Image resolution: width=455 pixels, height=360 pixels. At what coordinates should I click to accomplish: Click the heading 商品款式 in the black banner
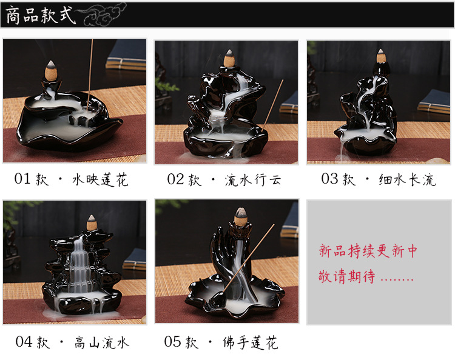click(41, 15)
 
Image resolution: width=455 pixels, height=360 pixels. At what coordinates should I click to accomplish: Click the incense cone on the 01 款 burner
click(52, 70)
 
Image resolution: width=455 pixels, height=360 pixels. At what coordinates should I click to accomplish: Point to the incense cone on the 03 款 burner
click(380, 56)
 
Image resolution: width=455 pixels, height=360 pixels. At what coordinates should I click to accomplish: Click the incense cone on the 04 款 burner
click(92, 222)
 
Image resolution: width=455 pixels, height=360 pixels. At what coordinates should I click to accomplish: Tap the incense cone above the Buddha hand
click(240, 216)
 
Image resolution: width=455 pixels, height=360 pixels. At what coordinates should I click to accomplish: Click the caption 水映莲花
click(100, 180)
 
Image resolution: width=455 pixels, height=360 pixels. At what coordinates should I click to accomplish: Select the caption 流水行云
click(253, 180)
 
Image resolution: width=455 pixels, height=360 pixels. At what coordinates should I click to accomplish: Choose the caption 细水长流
click(408, 179)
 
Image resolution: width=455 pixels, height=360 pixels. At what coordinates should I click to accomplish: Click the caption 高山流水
click(101, 342)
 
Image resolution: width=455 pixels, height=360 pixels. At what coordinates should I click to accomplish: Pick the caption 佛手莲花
click(250, 342)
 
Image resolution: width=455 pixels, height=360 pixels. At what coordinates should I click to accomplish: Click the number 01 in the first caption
click(22, 179)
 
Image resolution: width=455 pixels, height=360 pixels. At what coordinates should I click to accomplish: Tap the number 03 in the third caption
click(329, 179)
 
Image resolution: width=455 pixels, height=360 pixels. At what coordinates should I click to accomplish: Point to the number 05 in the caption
click(172, 341)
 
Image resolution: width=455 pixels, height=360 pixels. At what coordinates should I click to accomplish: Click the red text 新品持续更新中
click(368, 251)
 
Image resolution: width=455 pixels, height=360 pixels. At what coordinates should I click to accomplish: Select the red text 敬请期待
click(347, 276)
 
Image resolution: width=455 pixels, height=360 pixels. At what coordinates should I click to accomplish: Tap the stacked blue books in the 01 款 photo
click(127, 55)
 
